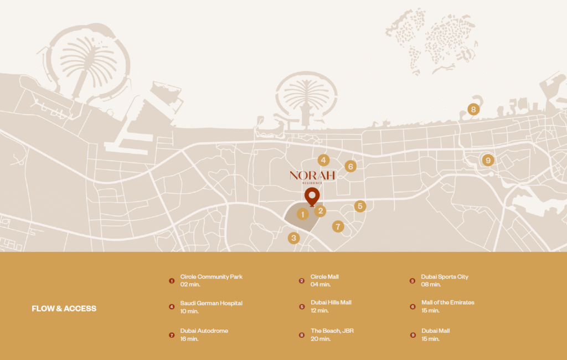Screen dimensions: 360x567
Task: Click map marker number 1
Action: (x=302, y=214)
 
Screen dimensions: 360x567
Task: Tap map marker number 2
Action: (x=320, y=210)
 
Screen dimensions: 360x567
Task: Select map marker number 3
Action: (x=294, y=238)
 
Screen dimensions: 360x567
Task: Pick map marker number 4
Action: (x=323, y=160)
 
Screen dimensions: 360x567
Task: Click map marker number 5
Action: (x=360, y=206)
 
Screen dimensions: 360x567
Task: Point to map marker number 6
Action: (x=350, y=166)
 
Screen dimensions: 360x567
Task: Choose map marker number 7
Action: (x=338, y=227)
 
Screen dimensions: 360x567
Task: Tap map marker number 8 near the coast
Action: (x=473, y=109)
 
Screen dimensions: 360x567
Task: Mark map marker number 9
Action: (x=487, y=161)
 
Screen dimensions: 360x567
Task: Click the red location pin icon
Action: (x=312, y=197)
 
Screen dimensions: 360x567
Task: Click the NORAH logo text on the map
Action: (x=312, y=176)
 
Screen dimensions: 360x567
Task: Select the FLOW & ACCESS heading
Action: (x=64, y=308)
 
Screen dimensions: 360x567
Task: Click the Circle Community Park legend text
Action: (x=211, y=276)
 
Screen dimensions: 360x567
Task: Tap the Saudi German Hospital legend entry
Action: (x=211, y=303)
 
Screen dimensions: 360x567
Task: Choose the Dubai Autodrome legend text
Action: (x=204, y=331)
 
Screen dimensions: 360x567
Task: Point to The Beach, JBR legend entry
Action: (x=332, y=331)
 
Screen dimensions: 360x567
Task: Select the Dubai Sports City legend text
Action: (x=444, y=276)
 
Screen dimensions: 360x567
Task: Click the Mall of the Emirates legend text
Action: (x=447, y=302)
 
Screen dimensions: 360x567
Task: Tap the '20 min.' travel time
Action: (x=320, y=338)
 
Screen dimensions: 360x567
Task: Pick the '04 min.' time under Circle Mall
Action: (x=320, y=284)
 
